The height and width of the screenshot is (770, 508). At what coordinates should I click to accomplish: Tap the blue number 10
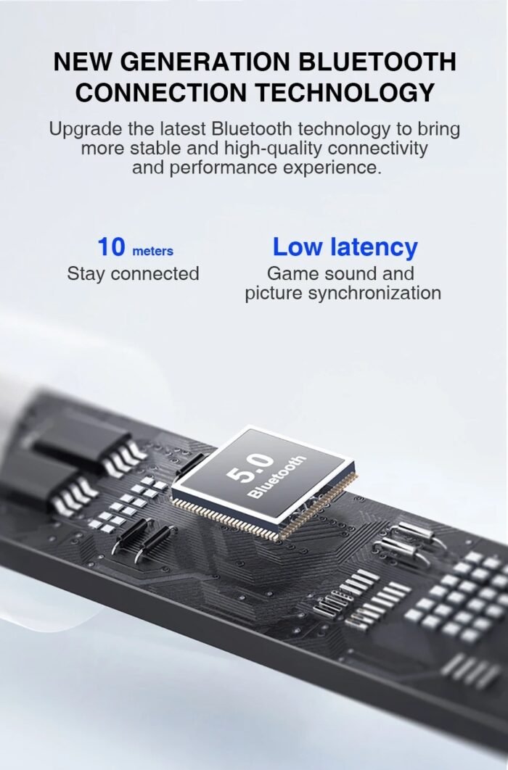(111, 247)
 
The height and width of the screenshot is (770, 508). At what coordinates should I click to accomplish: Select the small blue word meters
(152, 251)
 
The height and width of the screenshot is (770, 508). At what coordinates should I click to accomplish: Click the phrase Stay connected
(133, 274)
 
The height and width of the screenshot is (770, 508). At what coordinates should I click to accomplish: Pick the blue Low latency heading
(345, 247)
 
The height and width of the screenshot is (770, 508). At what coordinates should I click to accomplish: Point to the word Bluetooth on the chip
(277, 476)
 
